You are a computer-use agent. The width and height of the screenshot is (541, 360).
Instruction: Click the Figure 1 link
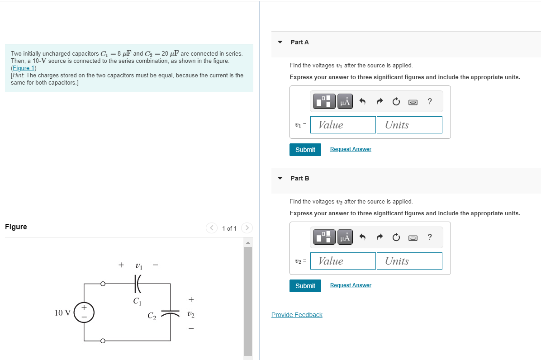click(x=24, y=68)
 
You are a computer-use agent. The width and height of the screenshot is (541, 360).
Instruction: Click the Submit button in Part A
click(x=305, y=150)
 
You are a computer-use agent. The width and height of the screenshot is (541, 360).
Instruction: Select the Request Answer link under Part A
click(x=351, y=149)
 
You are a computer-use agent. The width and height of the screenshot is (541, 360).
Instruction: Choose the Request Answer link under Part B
click(x=351, y=285)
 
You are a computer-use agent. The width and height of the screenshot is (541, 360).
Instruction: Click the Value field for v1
click(x=343, y=125)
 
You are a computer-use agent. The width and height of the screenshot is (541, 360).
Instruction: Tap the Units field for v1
click(x=409, y=125)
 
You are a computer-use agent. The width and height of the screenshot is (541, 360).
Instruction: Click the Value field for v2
click(x=343, y=261)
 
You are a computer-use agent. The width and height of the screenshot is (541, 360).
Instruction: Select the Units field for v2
click(x=409, y=261)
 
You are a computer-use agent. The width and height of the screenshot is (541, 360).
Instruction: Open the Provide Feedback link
click(x=297, y=315)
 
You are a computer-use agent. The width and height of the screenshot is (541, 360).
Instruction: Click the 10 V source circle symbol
click(x=84, y=313)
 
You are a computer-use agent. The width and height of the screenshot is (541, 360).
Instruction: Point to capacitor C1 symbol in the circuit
click(x=138, y=284)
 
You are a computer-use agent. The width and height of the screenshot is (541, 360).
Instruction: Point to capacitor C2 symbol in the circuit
click(x=171, y=313)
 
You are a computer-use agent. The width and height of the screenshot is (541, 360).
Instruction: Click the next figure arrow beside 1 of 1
click(x=247, y=228)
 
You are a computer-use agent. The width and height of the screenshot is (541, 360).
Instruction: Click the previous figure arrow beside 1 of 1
click(x=212, y=228)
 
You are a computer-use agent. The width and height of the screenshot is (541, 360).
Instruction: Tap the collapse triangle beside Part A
click(x=280, y=42)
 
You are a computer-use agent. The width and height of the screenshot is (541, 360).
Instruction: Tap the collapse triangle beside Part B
click(x=280, y=178)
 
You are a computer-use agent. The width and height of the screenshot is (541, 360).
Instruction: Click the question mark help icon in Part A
click(x=429, y=102)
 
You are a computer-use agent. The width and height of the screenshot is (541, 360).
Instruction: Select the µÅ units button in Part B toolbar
click(x=345, y=237)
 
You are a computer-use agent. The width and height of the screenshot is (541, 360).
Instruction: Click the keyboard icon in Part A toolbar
click(x=413, y=102)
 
